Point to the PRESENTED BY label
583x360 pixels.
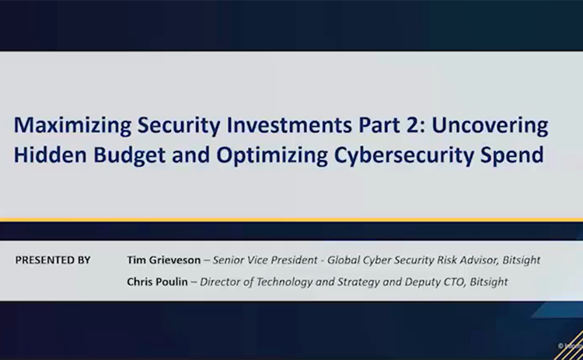pyautogui.click(x=53, y=260)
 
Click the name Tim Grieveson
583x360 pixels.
pyautogui.click(x=162, y=260)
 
